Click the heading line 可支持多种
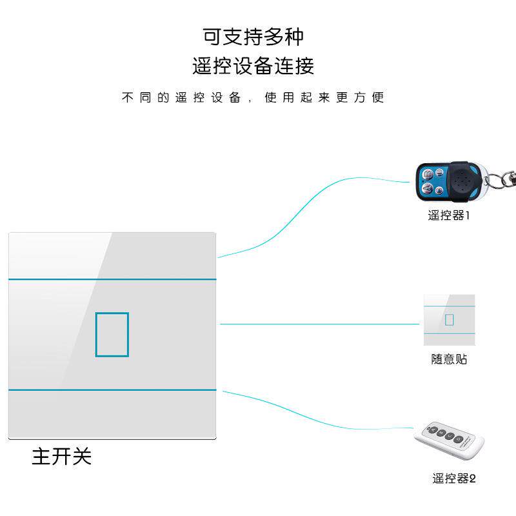tap(253, 37)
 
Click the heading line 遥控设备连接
tap(253, 66)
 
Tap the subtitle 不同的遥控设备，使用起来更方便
tap(253, 98)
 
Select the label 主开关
tap(62, 457)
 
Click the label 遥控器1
tap(449, 215)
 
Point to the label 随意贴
tap(449, 359)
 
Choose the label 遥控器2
tap(454, 479)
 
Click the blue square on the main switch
tap(112, 334)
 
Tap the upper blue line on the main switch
tap(112, 279)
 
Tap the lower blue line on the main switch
tap(112, 390)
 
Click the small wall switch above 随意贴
tap(449, 320)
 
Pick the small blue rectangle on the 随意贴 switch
tap(450, 319)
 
